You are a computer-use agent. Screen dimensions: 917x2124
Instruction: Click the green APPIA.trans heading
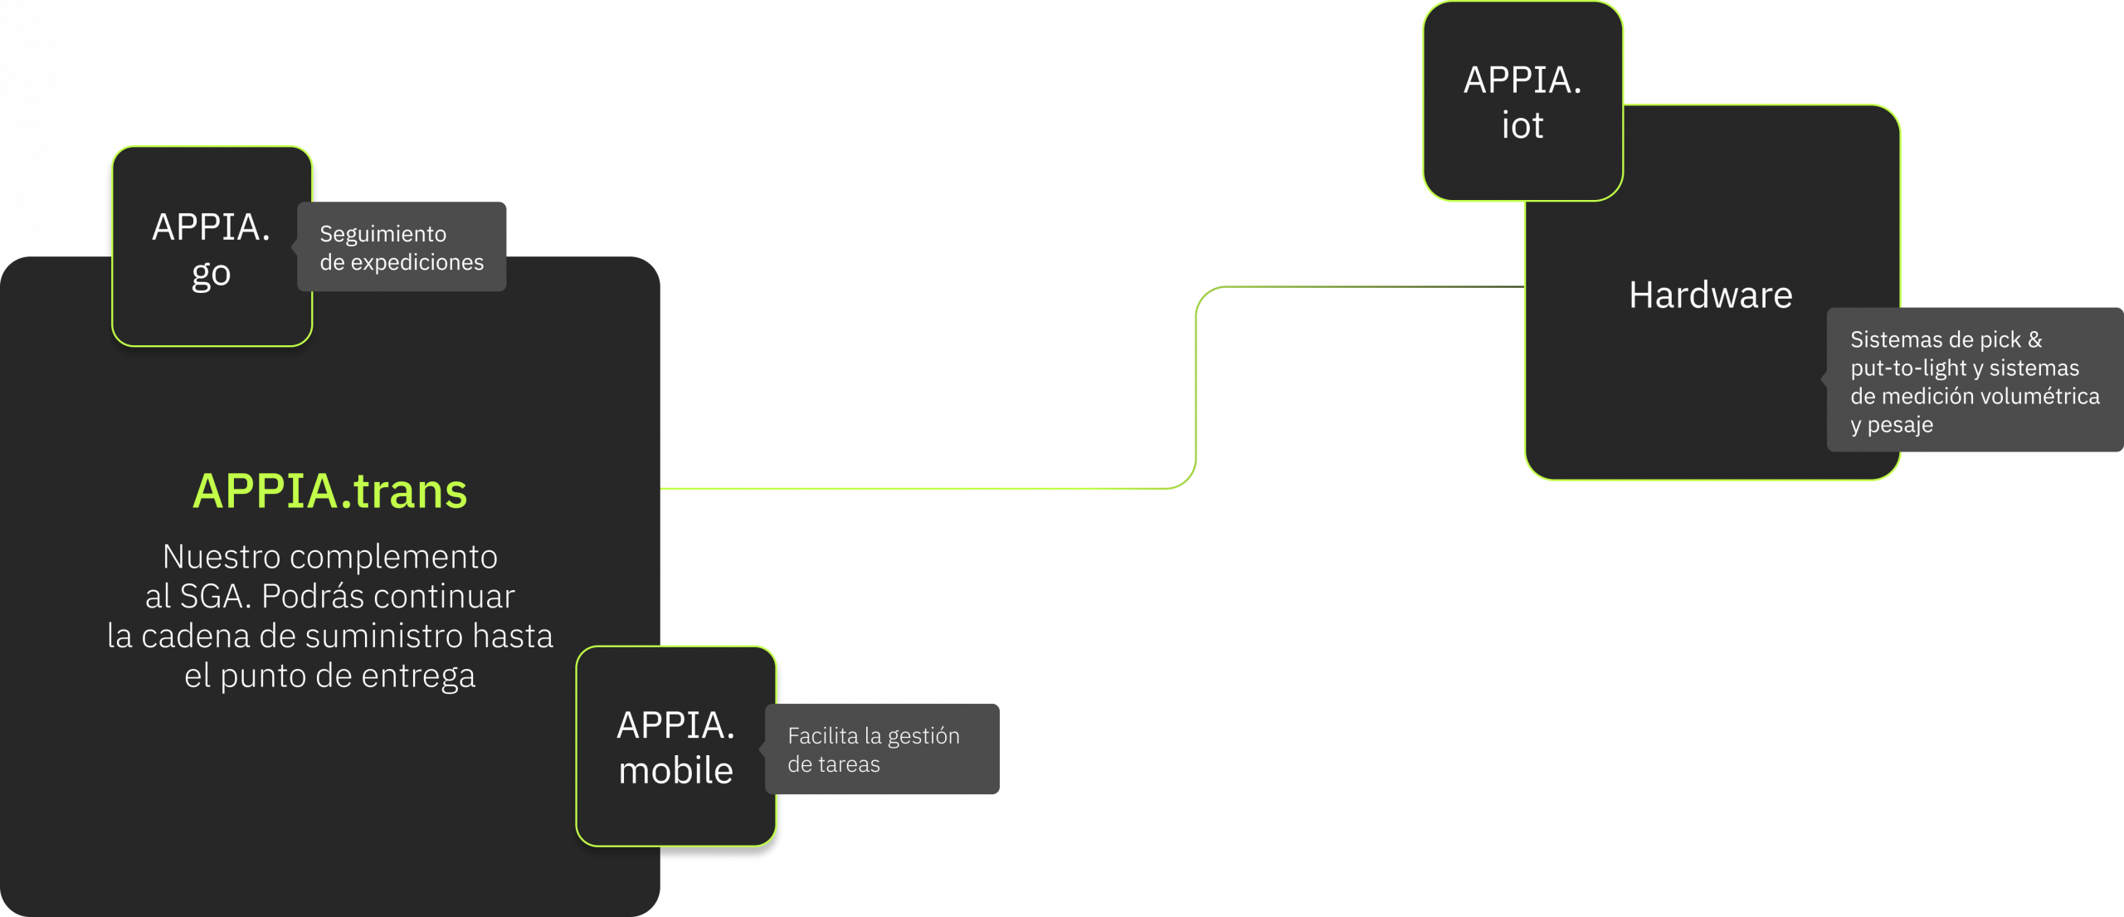(x=329, y=490)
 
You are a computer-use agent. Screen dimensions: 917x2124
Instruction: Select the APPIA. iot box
(x=1522, y=101)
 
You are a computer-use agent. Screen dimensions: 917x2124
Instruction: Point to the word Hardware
(x=1710, y=295)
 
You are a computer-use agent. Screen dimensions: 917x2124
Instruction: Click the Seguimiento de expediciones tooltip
(x=402, y=247)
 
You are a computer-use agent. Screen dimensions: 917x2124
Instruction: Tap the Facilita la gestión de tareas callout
(x=881, y=749)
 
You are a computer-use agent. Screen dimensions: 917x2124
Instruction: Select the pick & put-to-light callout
(x=1974, y=381)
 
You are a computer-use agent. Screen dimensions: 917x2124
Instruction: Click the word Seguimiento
(x=382, y=234)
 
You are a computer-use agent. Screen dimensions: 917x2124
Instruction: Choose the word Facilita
(x=822, y=736)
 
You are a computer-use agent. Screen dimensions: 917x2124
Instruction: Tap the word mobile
(x=675, y=771)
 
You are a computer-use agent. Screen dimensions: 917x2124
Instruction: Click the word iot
(x=1522, y=125)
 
